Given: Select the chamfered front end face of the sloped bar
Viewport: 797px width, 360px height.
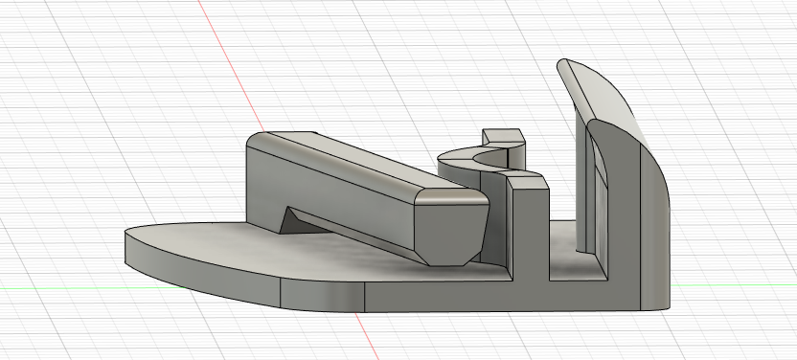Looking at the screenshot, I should tap(449, 226).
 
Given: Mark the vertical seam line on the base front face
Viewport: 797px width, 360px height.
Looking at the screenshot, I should tap(281, 293).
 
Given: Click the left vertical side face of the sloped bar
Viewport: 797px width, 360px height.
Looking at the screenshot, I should tap(263, 191).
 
